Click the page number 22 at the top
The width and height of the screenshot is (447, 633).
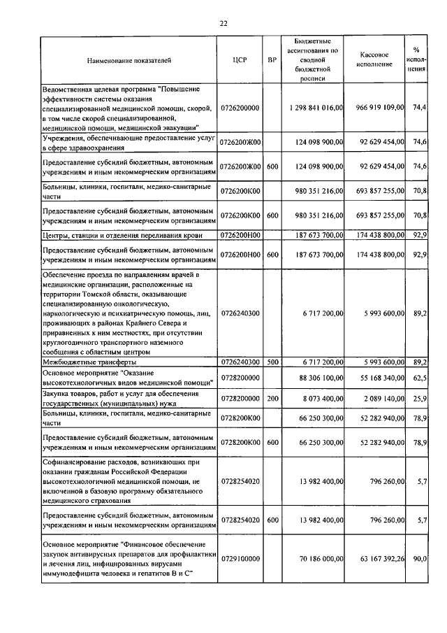pos(223,23)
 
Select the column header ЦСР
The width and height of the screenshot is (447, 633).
pos(239,60)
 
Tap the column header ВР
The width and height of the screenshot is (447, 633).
pos(272,60)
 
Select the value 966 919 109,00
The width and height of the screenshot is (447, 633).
pos(378,108)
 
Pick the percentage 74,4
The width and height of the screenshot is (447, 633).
pos(420,108)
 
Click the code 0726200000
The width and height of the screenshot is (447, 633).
pos(240,108)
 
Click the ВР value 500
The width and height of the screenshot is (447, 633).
pos(272,362)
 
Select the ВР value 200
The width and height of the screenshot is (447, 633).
pos(272,397)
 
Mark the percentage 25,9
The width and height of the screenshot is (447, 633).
pos(420,397)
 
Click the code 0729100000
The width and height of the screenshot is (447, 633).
pos(240,560)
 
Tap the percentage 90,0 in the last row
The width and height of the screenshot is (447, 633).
pos(420,560)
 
